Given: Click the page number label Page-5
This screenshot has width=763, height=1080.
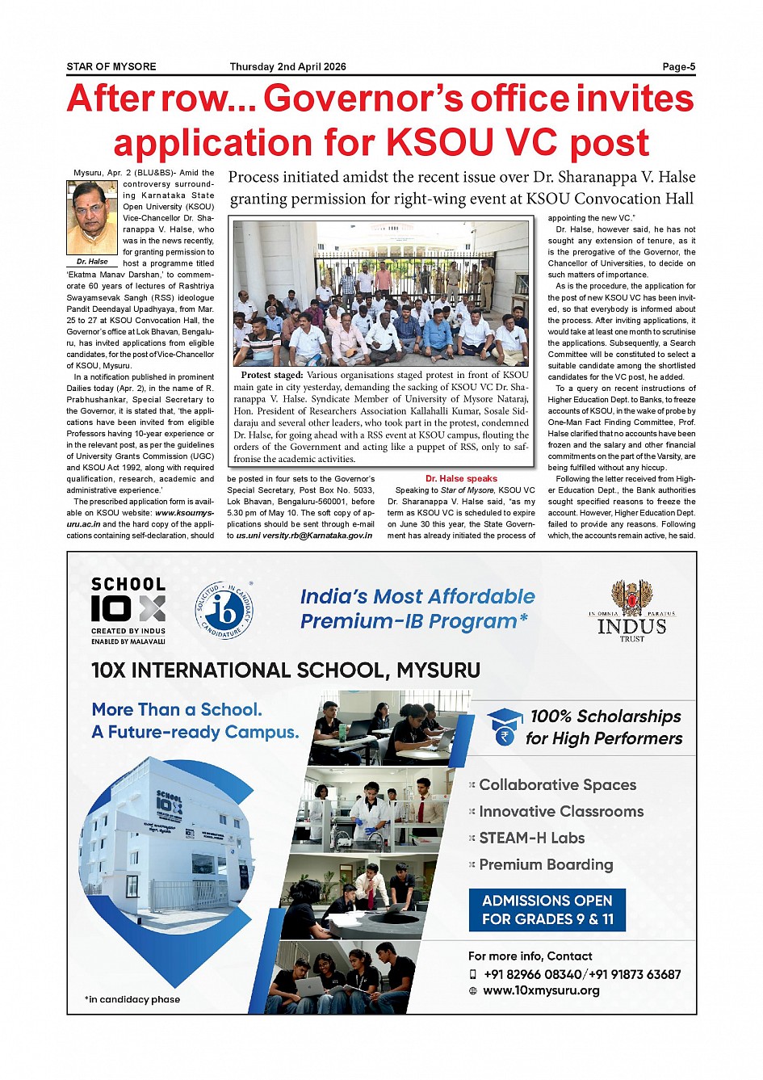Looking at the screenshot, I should [x=678, y=67].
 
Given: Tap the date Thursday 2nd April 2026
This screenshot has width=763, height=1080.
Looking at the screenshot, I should [x=287, y=67].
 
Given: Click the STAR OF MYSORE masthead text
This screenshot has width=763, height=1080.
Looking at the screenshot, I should [x=111, y=67].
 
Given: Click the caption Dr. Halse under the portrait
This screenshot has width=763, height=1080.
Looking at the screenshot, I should [x=92, y=262].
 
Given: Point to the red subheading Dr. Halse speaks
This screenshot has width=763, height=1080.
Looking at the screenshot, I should [x=461, y=478].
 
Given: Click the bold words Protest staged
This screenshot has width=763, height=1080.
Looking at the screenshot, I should [x=271, y=375].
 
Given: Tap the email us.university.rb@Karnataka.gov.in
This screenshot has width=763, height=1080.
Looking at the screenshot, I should [x=304, y=536].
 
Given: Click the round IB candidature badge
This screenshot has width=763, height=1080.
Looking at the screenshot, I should [x=224, y=610].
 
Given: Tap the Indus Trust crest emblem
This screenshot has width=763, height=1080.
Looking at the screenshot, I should [x=631, y=598].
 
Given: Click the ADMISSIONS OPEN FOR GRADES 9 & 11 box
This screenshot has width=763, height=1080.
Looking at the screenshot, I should [x=547, y=910].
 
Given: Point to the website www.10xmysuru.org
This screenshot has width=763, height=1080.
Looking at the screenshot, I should [x=541, y=990].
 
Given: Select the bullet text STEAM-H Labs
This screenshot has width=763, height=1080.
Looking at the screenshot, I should [x=531, y=838].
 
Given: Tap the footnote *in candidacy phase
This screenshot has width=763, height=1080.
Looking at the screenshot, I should [x=132, y=999].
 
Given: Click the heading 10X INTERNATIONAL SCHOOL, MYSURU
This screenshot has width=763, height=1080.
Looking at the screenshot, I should [x=286, y=670].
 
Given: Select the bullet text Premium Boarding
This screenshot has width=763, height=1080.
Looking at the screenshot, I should [x=546, y=864].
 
